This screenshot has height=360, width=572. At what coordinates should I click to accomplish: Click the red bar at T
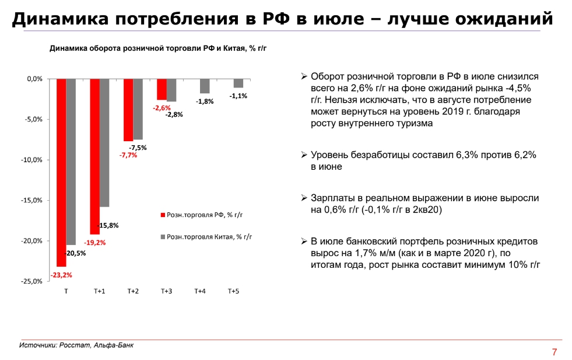61,172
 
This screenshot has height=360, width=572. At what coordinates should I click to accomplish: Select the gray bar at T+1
104,142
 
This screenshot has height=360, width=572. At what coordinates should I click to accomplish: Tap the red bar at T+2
128,110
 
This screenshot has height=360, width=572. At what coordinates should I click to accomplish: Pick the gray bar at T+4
205,86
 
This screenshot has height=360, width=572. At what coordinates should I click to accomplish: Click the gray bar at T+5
238,83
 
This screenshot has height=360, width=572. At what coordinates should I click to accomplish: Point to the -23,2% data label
61,275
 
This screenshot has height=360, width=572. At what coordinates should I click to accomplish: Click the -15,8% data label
108,225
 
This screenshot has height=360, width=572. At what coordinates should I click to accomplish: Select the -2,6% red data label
162,108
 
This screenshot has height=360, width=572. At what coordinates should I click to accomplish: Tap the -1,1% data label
238,96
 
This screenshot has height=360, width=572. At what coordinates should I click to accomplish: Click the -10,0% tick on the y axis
31,160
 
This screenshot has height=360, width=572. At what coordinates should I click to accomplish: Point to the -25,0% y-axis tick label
31,281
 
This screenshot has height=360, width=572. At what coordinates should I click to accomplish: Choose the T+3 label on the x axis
166,291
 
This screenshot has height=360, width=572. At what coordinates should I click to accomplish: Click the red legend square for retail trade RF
163,215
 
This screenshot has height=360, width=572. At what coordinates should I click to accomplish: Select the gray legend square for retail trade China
163,237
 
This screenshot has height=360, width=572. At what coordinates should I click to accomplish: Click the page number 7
554,352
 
